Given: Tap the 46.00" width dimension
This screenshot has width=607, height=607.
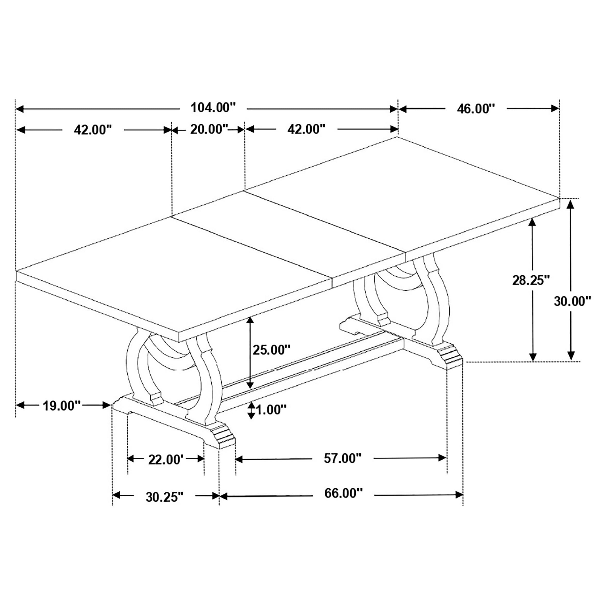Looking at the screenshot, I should click(x=476, y=109).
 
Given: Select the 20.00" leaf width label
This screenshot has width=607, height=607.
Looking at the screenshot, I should click(x=209, y=129).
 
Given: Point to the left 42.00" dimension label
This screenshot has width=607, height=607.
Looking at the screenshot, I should click(x=93, y=129).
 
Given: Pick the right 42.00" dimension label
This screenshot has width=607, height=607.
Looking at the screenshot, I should click(x=306, y=129).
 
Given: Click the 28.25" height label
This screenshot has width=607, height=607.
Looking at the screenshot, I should click(x=531, y=280).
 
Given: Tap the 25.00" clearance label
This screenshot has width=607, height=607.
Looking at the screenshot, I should click(x=271, y=349).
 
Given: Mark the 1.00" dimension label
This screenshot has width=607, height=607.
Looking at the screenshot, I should click(x=271, y=410).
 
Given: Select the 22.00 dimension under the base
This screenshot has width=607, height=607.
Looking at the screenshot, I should click(x=166, y=460).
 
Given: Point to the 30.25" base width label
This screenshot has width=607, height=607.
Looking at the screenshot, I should click(x=164, y=497).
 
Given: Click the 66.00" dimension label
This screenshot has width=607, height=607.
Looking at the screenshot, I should click(x=343, y=493).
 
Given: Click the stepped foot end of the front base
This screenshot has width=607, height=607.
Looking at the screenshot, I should click(x=224, y=436).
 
